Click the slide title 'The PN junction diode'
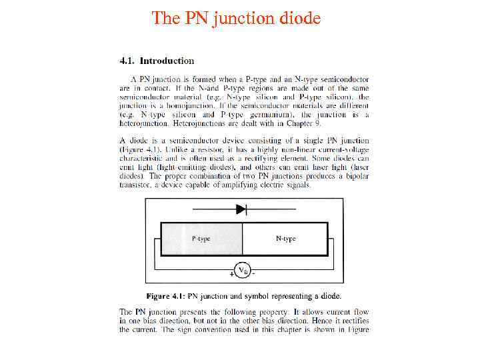(x=236, y=17)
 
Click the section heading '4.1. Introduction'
(x=157, y=61)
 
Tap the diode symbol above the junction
(x=241, y=209)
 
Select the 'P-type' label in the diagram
(x=201, y=239)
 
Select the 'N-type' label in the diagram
(x=285, y=239)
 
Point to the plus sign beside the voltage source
(x=231, y=274)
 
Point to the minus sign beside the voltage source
(x=255, y=273)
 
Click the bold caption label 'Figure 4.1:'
(x=166, y=295)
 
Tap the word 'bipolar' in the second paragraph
(x=354, y=176)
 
